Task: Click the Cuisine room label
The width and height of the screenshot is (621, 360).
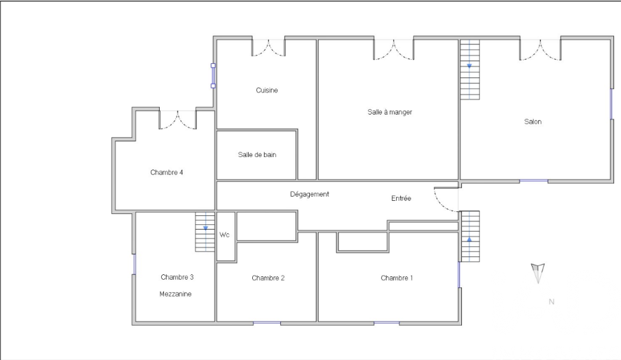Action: coord(267,91)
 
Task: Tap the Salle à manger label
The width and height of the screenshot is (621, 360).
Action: coord(390,112)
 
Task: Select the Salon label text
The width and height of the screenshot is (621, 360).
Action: coord(533,121)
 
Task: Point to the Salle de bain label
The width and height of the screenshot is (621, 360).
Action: coord(257,154)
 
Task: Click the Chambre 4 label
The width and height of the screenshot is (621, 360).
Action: coord(167,172)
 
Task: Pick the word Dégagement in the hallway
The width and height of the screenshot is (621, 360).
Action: coord(309,195)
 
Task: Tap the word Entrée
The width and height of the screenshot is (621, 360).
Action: coord(401,198)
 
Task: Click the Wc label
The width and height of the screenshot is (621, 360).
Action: coord(225,235)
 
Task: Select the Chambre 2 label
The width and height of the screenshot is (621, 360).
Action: coord(268,278)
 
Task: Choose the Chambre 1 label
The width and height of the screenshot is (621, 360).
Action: coord(397,278)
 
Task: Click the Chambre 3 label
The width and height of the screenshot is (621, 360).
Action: coord(177,277)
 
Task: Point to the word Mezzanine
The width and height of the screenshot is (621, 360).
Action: coord(175,294)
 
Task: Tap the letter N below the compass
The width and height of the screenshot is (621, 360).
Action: coord(551,302)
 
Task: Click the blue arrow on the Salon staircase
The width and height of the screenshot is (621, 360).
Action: coord(470,66)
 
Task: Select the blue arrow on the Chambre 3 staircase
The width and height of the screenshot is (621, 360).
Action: coord(206,228)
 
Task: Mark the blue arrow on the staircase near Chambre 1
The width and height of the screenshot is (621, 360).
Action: coord(470,239)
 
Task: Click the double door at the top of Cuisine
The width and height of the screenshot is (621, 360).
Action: coord(269,47)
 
